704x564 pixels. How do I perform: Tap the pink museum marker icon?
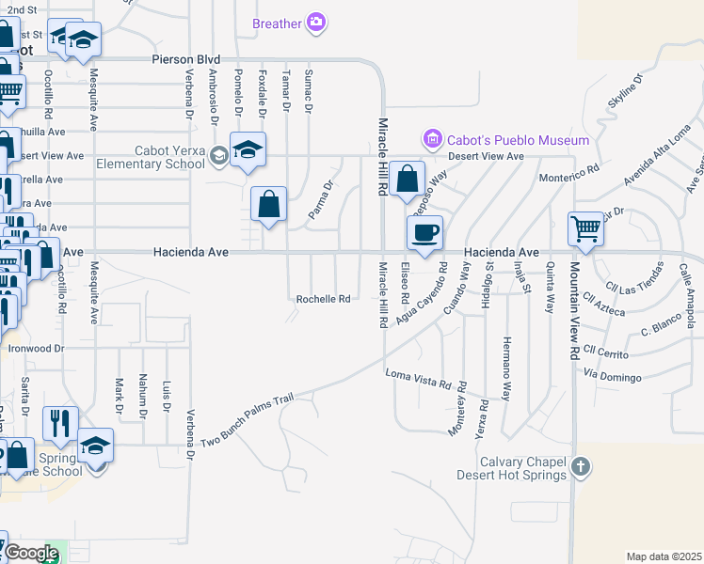pos(433,140)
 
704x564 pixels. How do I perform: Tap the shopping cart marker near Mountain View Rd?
pos(585,228)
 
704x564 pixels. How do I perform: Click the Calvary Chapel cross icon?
pos(582,466)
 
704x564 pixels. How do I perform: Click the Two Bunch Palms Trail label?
pos(248,420)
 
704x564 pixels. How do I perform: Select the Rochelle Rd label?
pos(323,299)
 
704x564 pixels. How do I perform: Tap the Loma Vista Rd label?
pos(426,380)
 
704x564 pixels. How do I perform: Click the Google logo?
pos(30,553)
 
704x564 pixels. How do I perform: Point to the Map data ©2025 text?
pos(664,556)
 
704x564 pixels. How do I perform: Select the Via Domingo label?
pos(612,376)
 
